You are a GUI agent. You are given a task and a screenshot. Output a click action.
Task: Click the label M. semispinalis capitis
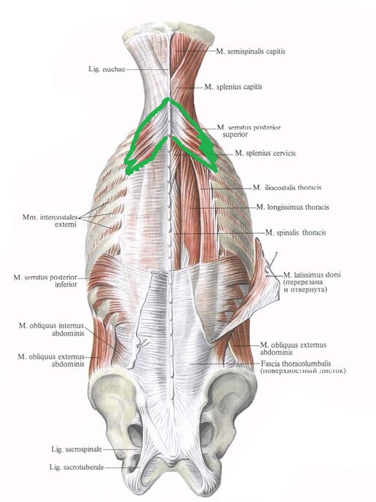tap(251, 51)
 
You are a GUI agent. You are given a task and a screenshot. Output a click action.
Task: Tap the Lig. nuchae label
tap(107, 68)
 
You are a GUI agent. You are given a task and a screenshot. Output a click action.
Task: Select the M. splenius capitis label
tap(233, 87)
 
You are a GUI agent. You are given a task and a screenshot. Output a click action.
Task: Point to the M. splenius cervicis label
tap(265, 153)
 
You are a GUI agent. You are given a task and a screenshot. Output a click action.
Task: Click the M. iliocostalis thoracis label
tap(287, 187)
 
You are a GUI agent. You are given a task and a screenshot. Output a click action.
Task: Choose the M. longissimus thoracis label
tap(292, 207)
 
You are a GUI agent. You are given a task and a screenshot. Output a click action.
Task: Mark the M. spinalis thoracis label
tap(295, 232)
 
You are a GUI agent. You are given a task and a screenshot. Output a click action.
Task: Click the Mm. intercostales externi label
tap(50, 221)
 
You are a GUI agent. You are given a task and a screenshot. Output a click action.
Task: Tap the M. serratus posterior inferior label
tap(45, 281)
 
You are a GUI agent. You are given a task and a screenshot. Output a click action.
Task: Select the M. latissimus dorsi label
tap(312, 275)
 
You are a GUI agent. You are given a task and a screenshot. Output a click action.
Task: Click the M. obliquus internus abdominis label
tap(52, 329)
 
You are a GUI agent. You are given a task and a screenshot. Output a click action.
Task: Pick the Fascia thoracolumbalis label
tap(296, 364)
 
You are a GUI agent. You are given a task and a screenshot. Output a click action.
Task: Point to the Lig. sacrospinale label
tap(77, 449)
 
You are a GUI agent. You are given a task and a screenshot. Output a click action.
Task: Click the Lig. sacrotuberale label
tap(77, 467)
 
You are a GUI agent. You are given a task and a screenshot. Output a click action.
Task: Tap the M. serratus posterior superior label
tap(248, 131)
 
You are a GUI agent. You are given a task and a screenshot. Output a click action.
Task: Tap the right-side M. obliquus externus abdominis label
tap(293, 348)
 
